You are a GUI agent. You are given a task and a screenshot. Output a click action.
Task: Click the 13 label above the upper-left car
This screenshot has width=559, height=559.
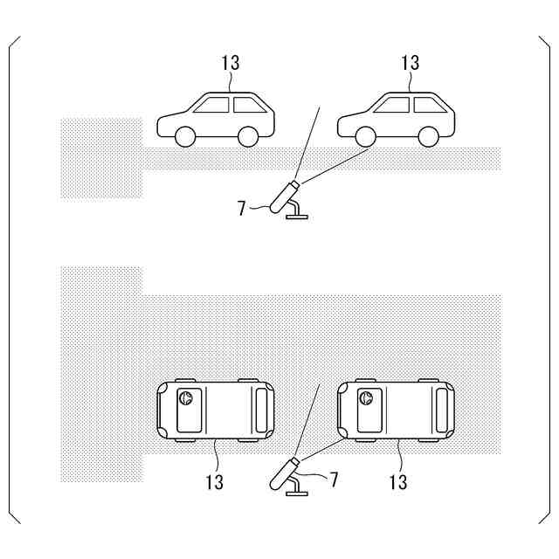pos(231,63)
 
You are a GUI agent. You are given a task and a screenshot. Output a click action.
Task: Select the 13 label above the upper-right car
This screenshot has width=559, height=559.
pos(410,63)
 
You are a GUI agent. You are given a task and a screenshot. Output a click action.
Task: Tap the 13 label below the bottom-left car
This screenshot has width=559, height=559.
pos(215,481)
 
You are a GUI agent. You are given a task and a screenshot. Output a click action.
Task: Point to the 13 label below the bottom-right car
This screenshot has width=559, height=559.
pos(397,481)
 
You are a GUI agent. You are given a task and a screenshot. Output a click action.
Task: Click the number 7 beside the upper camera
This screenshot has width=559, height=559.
pos(242,208)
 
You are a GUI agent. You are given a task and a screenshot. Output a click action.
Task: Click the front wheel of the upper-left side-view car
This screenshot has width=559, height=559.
pos(184,136)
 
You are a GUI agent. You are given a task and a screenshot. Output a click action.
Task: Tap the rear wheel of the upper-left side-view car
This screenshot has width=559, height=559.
pos(248,136)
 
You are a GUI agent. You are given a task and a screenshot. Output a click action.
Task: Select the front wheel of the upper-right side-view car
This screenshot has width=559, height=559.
pos(365,136)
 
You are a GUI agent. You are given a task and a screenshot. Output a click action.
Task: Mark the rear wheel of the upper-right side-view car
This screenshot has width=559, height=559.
pos(428,136)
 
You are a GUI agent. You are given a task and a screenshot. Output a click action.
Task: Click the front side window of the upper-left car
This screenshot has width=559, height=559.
pos(212,106)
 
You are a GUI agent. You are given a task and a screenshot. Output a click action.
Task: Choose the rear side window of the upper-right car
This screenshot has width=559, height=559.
pos(428,106)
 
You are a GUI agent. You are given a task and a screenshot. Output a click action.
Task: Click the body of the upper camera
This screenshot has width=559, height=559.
pos(285,196)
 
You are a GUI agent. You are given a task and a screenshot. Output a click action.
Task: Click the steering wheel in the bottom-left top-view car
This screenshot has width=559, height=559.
pos(185,399)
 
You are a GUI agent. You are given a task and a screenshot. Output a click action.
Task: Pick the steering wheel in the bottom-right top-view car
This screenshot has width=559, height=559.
pos(367,399)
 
